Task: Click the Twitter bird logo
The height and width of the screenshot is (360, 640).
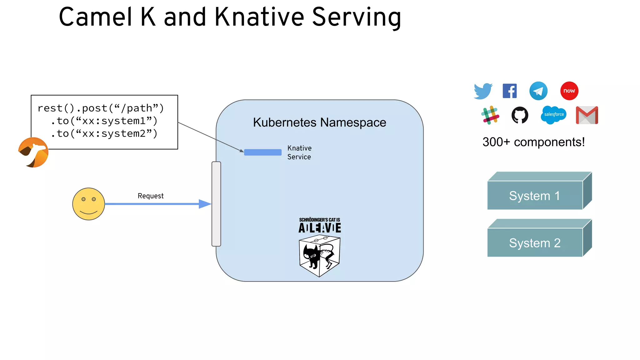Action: [x=483, y=91]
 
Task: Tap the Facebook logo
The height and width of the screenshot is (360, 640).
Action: [x=510, y=91]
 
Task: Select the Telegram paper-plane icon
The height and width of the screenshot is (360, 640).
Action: [x=538, y=91]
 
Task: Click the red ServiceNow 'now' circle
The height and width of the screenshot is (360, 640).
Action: [x=569, y=91]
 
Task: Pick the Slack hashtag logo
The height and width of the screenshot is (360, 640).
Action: [x=490, y=115]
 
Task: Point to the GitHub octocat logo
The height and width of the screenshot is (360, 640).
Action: [x=520, y=115]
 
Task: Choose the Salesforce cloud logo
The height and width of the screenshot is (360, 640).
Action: [x=554, y=115]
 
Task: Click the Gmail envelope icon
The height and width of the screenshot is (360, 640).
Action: [x=587, y=115]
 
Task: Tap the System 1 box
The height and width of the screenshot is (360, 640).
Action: [x=535, y=195]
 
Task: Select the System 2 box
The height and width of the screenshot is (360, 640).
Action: [x=535, y=242]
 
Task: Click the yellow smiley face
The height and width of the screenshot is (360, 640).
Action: [x=88, y=204]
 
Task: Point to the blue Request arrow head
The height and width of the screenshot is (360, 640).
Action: [x=205, y=204]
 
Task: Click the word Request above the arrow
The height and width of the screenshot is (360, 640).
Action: [x=151, y=196]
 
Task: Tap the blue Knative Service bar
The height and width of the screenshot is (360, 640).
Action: [x=262, y=152]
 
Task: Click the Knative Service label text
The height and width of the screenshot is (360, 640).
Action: [x=299, y=152]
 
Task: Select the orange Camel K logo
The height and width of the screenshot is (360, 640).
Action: [x=33, y=152]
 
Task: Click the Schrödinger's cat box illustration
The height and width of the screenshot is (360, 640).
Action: [x=319, y=256]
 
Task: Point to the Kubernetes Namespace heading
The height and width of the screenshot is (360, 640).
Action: [x=319, y=122]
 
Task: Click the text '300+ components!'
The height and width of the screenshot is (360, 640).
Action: [x=533, y=142]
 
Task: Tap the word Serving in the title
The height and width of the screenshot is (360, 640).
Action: [x=357, y=17]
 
